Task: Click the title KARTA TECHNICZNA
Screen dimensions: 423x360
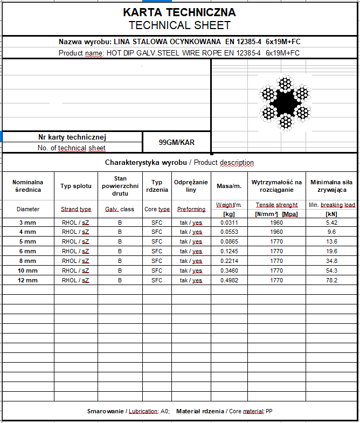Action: click(x=179, y=12)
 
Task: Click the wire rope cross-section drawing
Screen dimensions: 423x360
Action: click(x=284, y=102)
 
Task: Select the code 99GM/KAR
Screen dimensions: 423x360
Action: click(x=177, y=143)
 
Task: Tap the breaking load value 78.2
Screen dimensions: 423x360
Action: click(x=331, y=280)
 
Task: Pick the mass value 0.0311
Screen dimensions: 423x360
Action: click(x=229, y=222)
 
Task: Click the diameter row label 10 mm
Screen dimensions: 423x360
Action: click(x=28, y=271)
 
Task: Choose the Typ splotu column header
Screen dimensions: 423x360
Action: click(x=76, y=186)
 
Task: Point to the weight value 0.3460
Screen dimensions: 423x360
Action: click(x=229, y=271)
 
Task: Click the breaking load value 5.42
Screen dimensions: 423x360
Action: click(x=331, y=222)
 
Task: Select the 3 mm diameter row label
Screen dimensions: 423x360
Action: click(x=28, y=222)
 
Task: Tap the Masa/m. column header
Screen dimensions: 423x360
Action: click(x=229, y=186)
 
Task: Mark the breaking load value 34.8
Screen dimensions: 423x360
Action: click(x=331, y=261)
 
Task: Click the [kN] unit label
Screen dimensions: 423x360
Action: click(x=331, y=214)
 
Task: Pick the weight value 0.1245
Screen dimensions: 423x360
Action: click(x=229, y=251)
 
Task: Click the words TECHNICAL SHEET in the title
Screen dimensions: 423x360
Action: click(x=179, y=25)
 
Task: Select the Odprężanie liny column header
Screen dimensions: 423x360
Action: click(x=191, y=186)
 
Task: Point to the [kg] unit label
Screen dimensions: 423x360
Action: click(x=229, y=214)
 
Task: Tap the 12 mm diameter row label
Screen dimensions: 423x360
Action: click(x=28, y=280)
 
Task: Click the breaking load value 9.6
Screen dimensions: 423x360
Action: click(x=331, y=232)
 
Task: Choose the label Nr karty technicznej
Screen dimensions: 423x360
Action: click(x=72, y=137)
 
